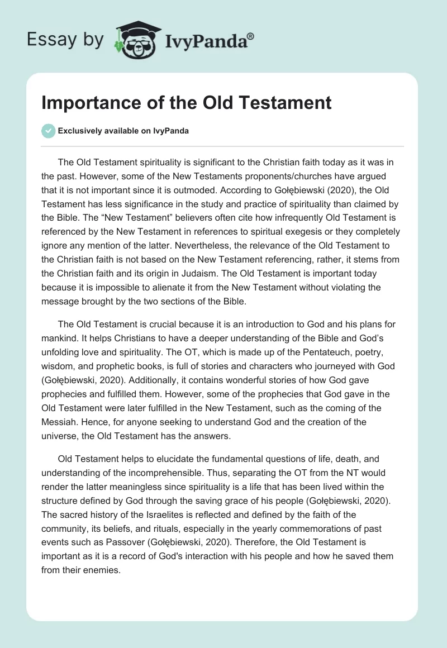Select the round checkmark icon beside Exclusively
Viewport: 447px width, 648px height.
pyautogui.click(x=48, y=131)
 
